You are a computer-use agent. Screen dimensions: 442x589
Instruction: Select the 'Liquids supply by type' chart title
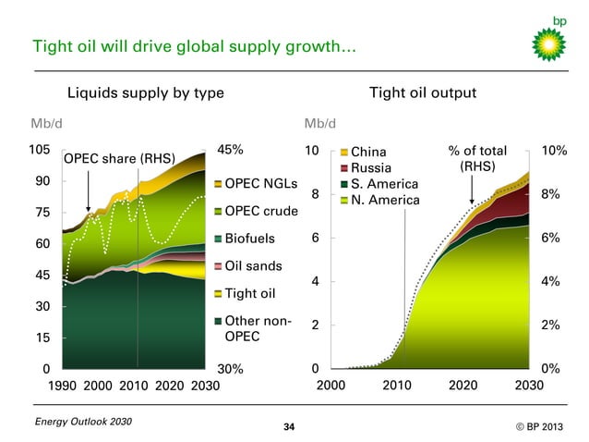146,92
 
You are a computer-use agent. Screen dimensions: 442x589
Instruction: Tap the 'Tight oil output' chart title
422,92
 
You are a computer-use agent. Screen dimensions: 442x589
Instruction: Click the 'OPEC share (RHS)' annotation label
118,158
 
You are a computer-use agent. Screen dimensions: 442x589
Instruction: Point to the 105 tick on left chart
40,151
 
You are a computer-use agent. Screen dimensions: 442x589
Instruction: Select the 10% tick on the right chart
553,151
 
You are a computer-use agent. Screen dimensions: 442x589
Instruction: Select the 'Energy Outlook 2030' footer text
81,422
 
